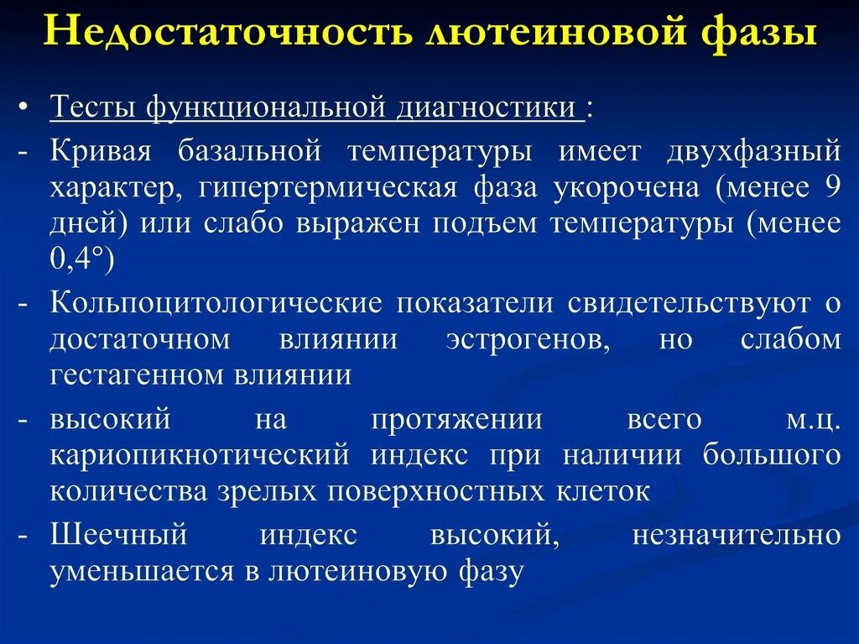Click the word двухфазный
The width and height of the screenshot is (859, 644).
click(x=753, y=151)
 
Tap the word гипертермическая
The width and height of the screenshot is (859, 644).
click(x=328, y=187)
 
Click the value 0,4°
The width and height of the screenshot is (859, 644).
click(x=81, y=260)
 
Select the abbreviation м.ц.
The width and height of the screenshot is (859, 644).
click(x=812, y=418)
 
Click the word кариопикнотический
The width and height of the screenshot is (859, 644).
click(x=200, y=454)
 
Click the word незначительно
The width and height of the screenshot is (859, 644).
click(x=737, y=534)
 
